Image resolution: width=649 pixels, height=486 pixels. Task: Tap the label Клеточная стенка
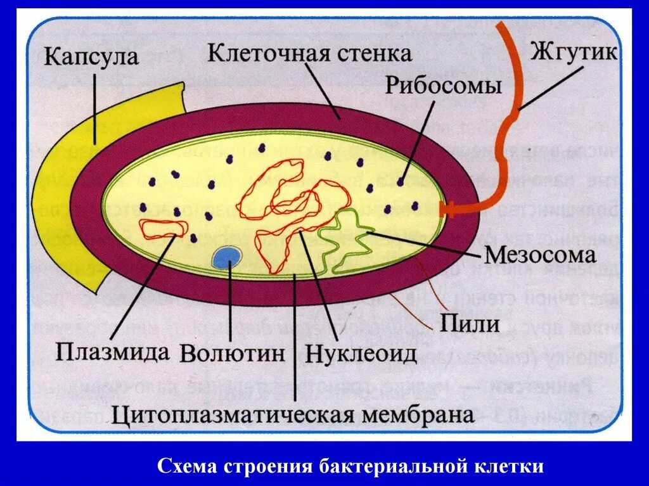click(x=310, y=53)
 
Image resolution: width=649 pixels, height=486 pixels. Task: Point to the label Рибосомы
click(x=444, y=87)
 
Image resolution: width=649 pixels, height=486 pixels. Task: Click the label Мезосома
click(x=540, y=255)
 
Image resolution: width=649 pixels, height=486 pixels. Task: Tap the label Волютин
click(x=233, y=353)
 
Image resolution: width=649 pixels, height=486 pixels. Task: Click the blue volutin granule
click(x=226, y=257)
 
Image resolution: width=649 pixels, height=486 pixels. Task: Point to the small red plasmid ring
click(x=163, y=228)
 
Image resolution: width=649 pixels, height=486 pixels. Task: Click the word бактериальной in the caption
click(x=393, y=467)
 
